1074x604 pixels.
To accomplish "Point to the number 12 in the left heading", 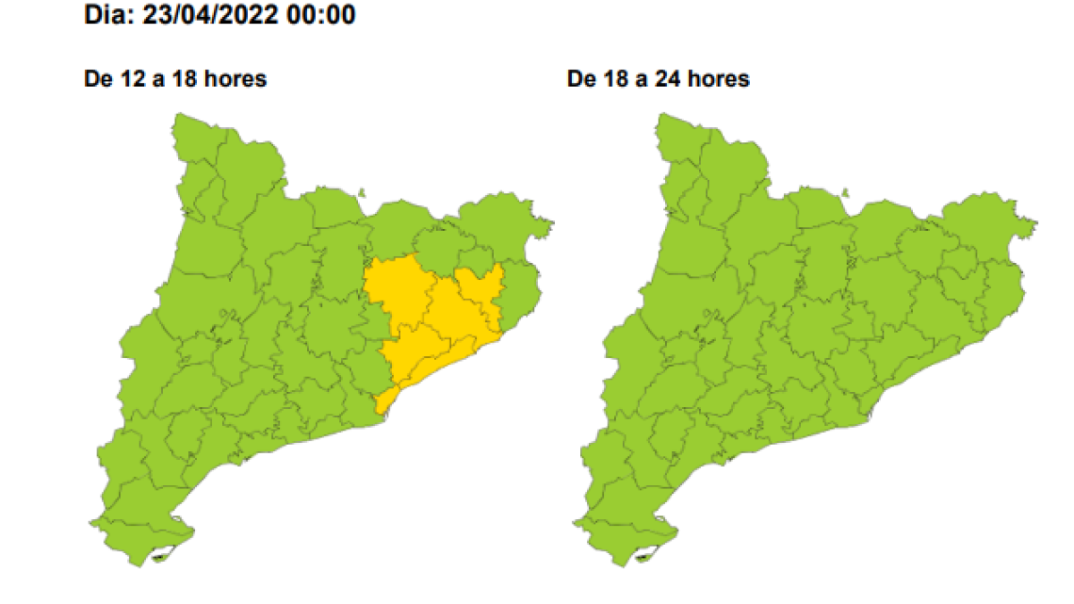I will point(125,79).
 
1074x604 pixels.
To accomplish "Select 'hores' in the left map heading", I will point(234,79).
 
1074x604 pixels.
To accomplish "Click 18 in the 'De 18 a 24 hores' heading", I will point(609,79).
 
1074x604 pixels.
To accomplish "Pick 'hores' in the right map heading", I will point(718,79).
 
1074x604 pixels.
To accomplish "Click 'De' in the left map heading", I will point(96,79).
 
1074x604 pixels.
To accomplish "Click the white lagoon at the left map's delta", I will point(162,557).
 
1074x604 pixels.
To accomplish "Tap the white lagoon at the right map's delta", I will point(645,557).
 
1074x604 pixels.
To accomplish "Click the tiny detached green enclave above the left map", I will point(362,191).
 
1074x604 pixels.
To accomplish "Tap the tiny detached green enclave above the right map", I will point(846,191).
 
